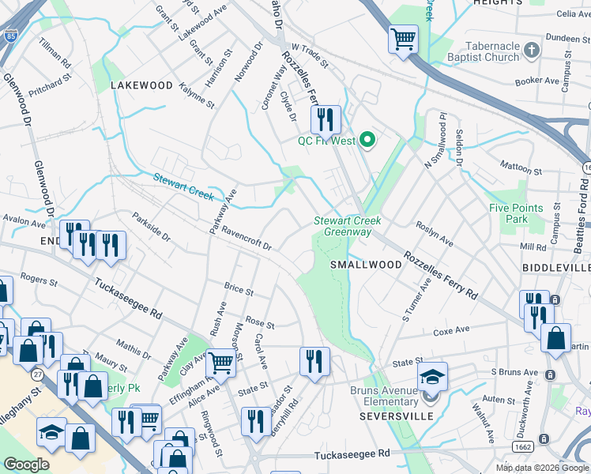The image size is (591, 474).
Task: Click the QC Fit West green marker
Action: [367, 141]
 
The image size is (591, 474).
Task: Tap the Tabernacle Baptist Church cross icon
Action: [533, 51]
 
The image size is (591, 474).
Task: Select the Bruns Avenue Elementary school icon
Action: [432, 377]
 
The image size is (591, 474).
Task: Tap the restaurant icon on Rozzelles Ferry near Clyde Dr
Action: [325, 120]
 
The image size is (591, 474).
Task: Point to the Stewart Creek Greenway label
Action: [342, 226]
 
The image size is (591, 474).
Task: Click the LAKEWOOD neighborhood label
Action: [141, 85]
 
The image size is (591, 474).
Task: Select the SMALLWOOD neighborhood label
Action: [366, 265]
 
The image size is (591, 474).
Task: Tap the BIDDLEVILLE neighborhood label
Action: [555, 268]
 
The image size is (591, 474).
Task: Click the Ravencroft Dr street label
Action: [246, 239]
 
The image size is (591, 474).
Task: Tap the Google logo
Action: [27, 465]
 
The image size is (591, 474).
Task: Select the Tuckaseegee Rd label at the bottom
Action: [352, 454]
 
